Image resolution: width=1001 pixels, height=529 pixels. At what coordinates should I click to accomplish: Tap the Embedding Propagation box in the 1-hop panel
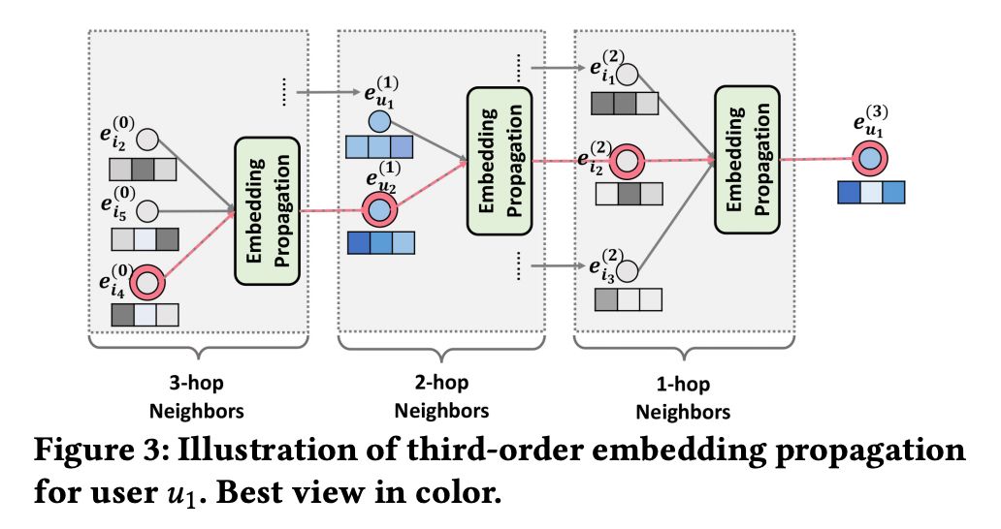click(746, 159)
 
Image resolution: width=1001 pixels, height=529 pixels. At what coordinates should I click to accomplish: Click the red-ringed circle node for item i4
click(149, 282)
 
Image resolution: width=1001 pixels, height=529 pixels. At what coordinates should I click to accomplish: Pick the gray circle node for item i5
click(148, 209)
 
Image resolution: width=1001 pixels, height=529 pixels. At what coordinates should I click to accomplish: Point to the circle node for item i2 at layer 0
click(148, 139)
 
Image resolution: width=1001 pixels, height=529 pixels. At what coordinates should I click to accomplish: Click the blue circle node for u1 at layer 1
click(379, 122)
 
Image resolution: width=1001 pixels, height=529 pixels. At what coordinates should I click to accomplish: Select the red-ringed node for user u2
click(379, 209)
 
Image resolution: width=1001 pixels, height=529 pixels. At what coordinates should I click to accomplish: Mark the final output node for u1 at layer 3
click(871, 158)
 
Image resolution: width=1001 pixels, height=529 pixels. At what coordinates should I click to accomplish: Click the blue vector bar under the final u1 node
click(871, 192)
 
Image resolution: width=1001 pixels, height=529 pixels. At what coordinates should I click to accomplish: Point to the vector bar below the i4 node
click(145, 315)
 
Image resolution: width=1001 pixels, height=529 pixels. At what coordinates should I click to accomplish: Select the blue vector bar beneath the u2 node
click(380, 241)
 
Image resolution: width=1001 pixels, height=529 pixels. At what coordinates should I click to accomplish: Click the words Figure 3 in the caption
click(110, 452)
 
